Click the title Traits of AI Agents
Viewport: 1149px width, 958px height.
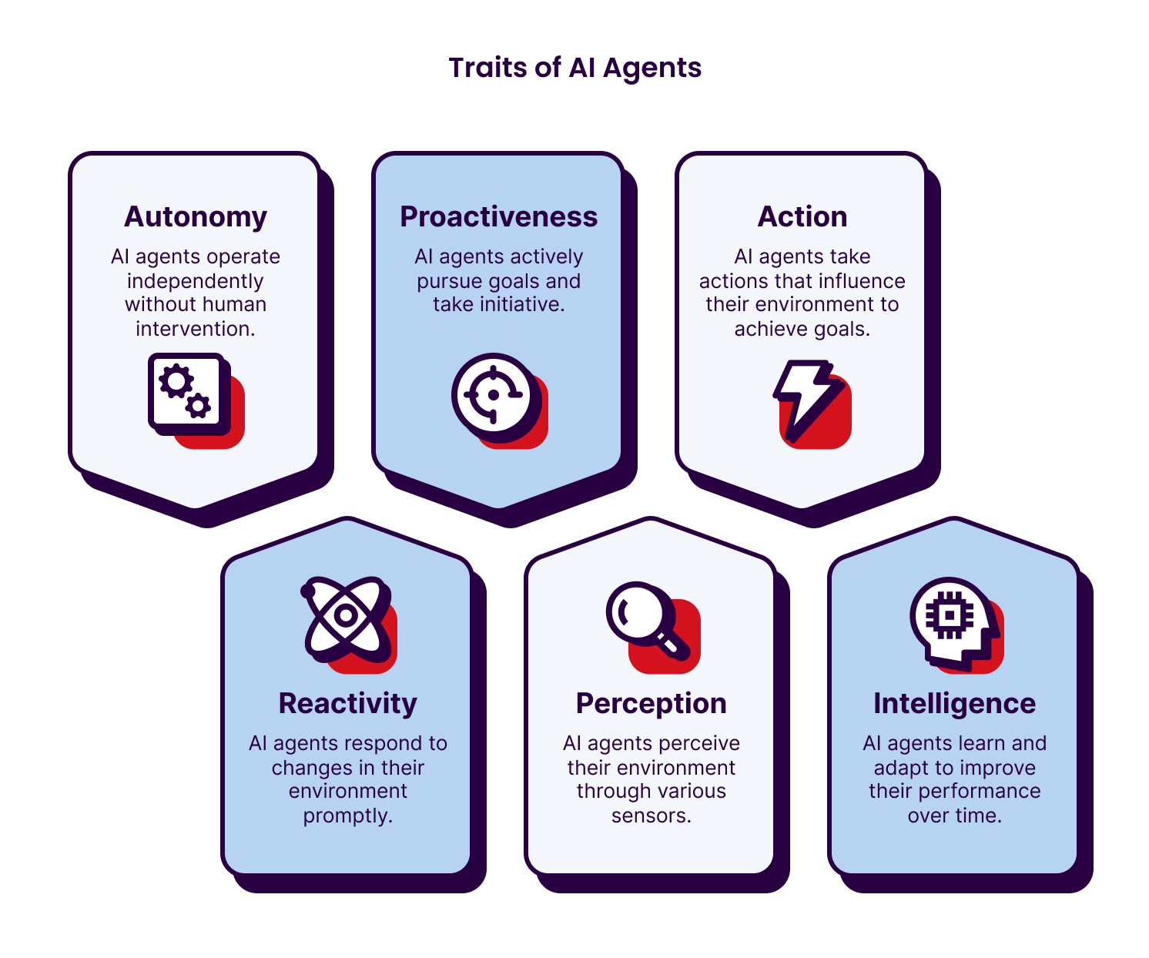(574, 68)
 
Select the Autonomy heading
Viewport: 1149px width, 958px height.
(196, 217)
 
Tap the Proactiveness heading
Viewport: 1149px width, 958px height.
(498, 217)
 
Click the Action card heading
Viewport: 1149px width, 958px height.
(802, 217)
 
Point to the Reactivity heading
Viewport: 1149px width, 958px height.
(347, 704)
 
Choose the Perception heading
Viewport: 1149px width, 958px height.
(651, 704)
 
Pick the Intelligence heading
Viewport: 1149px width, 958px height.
(954, 704)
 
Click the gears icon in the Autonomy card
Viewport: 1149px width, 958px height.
(189, 394)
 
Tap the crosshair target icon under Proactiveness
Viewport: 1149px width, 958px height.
(493, 394)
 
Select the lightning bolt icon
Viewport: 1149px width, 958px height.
(804, 397)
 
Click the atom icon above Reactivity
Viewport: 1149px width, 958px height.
(347, 616)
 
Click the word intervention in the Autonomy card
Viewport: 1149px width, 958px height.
(196, 329)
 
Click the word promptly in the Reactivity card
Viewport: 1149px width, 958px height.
(348, 816)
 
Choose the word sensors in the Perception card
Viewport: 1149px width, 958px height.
(651, 816)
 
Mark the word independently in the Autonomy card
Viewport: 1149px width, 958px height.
(196, 281)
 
